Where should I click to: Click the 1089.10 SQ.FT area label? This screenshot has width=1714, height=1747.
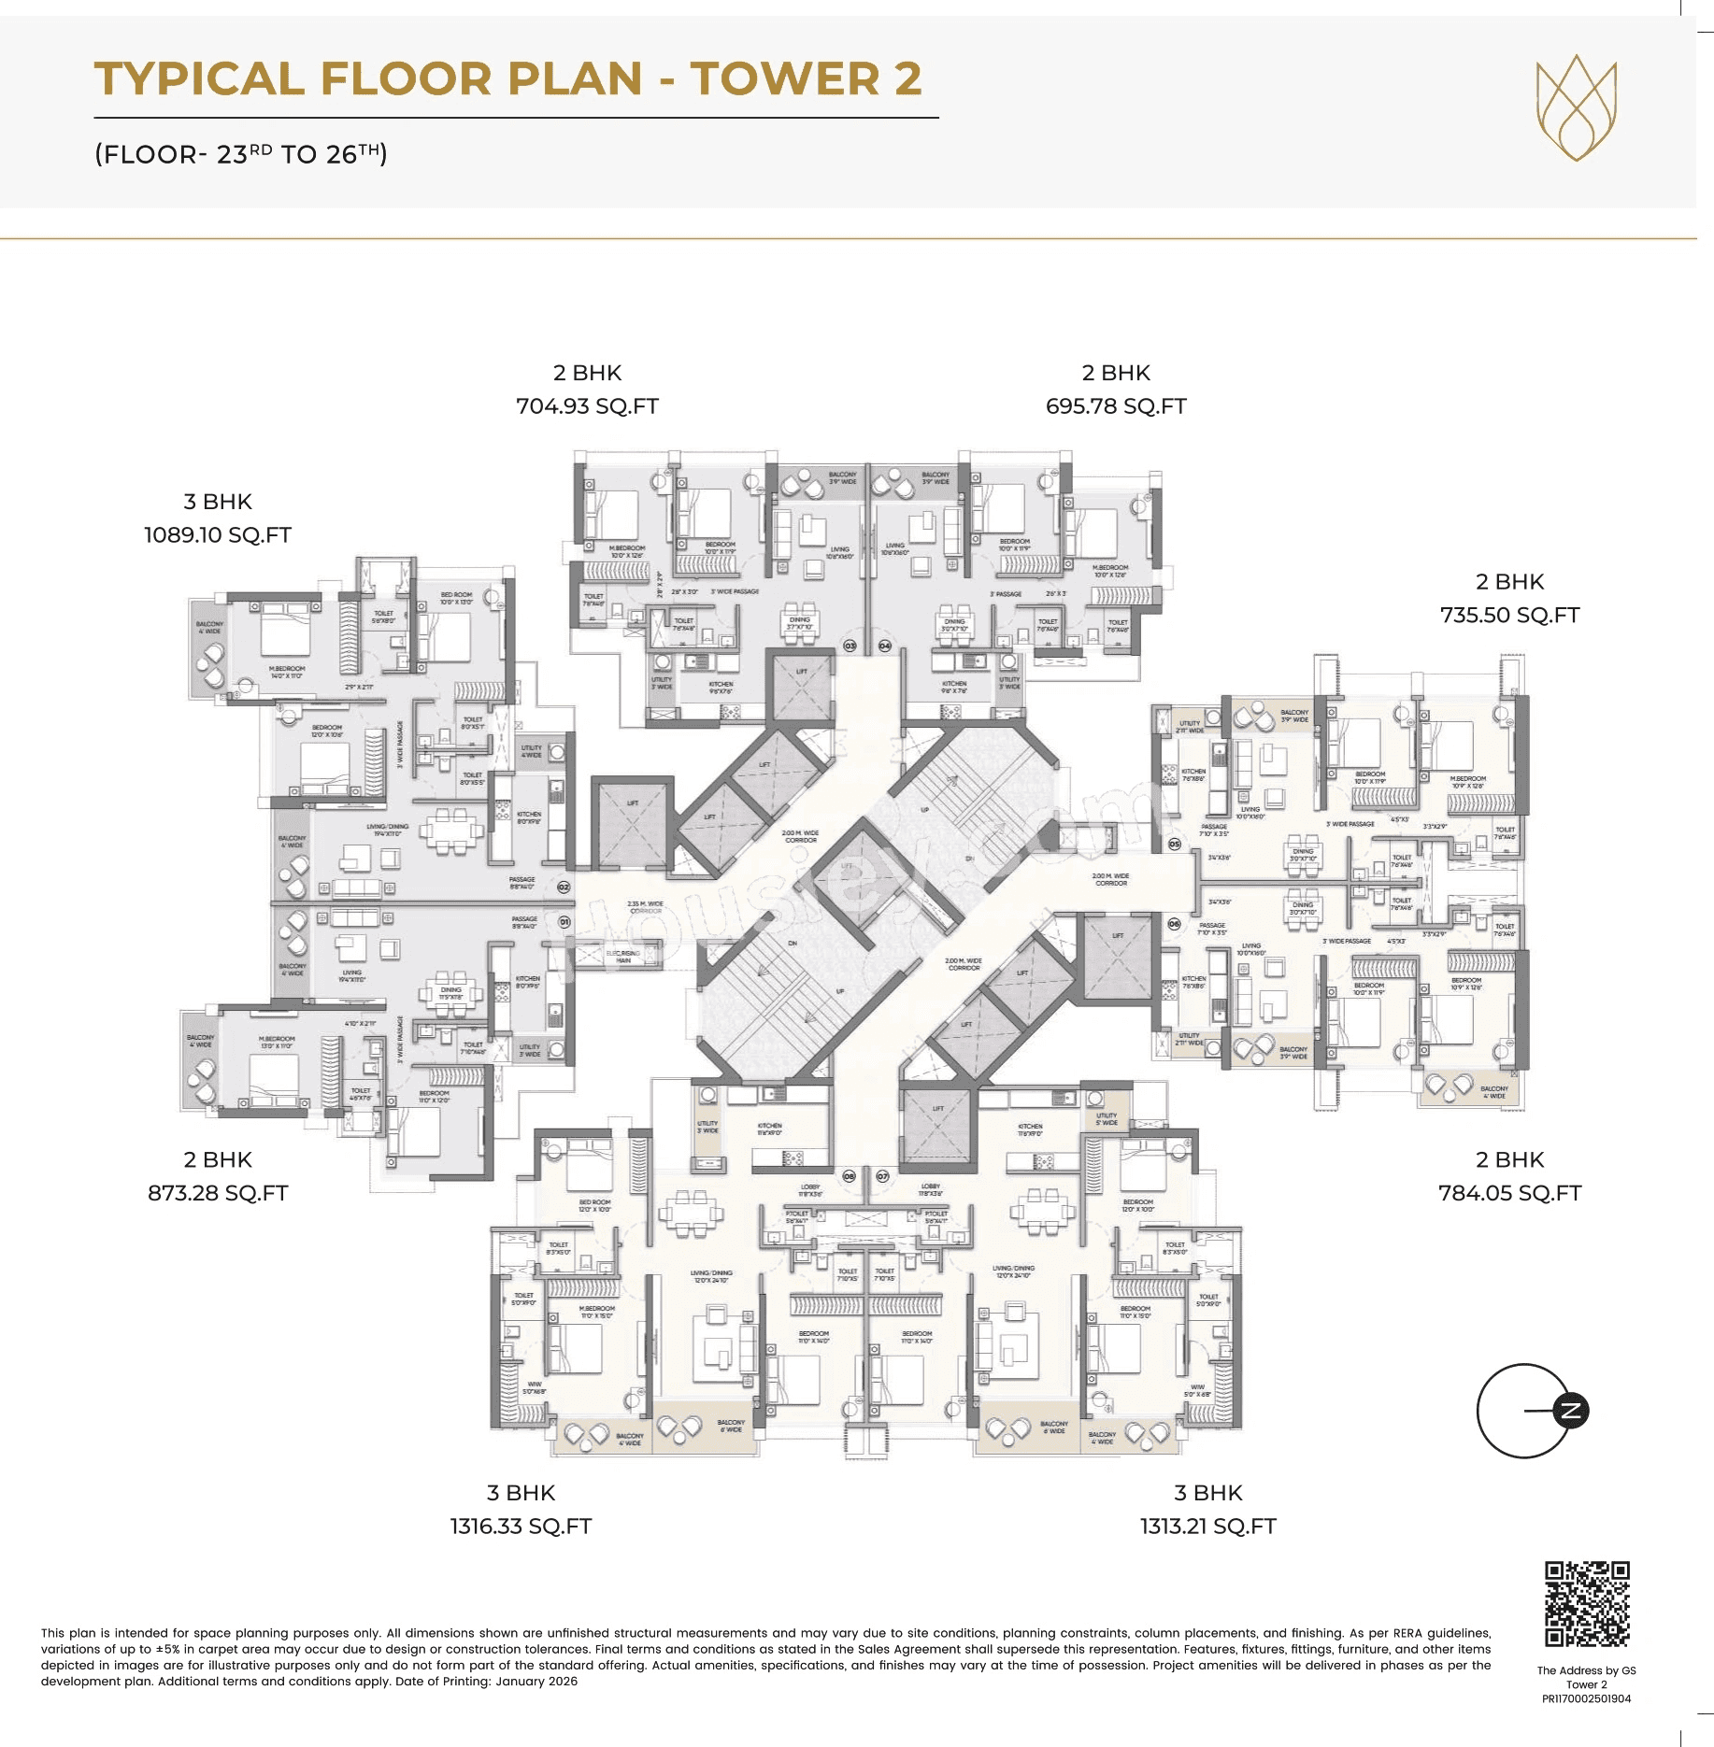point(217,535)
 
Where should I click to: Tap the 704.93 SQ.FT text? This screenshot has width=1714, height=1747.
point(587,406)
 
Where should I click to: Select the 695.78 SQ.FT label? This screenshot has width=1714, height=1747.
point(1116,406)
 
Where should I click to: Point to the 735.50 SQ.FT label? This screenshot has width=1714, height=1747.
point(1509,616)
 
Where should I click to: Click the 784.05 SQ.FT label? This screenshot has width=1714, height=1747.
point(1509,1193)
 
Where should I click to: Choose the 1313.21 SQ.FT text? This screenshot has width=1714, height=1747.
point(1207,1527)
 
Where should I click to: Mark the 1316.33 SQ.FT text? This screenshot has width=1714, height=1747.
point(521,1527)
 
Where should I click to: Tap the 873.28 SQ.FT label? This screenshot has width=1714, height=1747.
point(218,1193)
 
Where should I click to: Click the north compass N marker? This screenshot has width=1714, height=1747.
point(1570,1411)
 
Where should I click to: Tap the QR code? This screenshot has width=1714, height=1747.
point(1587,1603)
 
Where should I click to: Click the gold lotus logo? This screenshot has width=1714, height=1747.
point(1577,107)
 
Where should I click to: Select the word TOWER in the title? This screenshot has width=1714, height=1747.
point(785,78)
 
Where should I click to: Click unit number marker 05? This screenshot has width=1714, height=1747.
point(1175,844)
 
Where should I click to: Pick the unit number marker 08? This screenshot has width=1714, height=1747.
point(849,1176)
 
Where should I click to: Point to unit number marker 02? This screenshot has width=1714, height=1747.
point(564,887)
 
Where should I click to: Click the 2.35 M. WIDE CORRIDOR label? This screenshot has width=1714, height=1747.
point(645,907)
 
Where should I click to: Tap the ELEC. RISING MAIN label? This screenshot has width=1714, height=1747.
point(623,957)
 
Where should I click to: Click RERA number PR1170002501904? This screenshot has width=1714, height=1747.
point(1586,1698)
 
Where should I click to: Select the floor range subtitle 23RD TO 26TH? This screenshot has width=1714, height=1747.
point(241,154)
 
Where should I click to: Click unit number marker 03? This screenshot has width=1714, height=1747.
point(850,646)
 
